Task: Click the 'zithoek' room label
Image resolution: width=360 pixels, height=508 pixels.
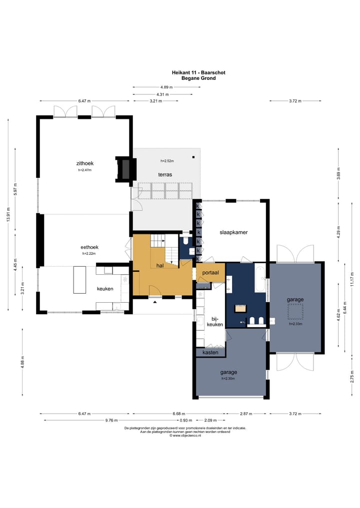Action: (x=85, y=164)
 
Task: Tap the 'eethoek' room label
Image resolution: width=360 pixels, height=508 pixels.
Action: (x=89, y=247)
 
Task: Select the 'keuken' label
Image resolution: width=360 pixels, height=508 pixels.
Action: (x=105, y=289)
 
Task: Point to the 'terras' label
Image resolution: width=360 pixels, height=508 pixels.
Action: (x=165, y=175)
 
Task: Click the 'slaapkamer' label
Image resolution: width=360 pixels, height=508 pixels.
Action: (x=233, y=232)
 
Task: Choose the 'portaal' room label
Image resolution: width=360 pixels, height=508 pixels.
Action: (x=210, y=273)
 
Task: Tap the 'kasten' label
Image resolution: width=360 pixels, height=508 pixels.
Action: (x=210, y=353)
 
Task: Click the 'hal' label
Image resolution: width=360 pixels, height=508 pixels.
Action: (x=160, y=266)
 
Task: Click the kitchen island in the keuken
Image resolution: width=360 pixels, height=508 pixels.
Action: (x=80, y=280)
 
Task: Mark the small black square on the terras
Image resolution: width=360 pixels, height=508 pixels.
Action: (x=193, y=157)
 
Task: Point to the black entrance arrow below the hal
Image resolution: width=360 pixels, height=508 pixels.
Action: (x=155, y=302)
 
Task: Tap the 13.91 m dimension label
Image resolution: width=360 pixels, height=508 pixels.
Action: (x=8, y=214)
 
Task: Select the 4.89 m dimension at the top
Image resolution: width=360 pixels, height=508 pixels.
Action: (x=166, y=87)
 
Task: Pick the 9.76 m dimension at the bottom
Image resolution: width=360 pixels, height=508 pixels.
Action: (x=111, y=421)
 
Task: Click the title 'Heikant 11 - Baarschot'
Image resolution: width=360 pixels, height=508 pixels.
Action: (x=198, y=72)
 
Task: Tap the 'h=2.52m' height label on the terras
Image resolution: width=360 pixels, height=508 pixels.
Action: (x=167, y=161)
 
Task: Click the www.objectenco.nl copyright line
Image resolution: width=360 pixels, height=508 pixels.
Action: (x=185, y=436)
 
